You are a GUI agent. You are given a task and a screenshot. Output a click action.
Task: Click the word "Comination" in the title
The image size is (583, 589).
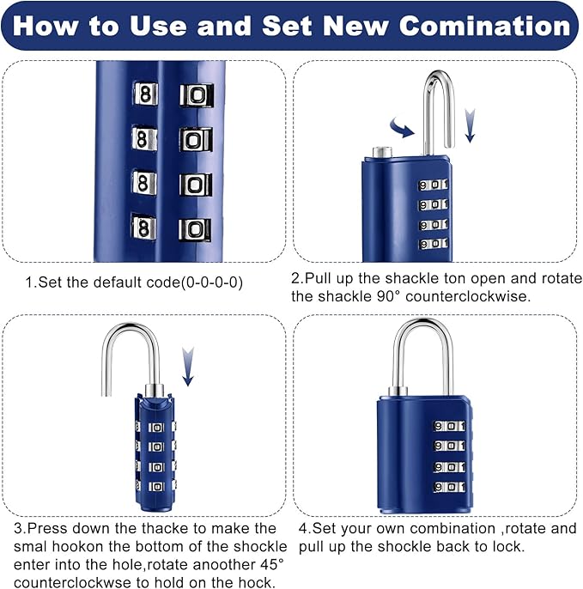pos(485,26)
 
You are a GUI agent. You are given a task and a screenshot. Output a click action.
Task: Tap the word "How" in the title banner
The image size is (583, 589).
pos(46,26)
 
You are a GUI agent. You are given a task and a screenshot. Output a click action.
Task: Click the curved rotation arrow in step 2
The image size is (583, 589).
pos(402,128)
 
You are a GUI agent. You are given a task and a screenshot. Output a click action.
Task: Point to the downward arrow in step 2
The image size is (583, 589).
pos(470,126)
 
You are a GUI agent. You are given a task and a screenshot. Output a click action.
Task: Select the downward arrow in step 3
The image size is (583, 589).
pos(188,367)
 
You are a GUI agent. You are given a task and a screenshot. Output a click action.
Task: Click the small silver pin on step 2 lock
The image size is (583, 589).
pos(382,152)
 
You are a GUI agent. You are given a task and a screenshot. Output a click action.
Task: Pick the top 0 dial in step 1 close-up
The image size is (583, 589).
pos(197,95)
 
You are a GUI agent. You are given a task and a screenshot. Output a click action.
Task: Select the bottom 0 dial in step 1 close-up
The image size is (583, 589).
pos(195,229)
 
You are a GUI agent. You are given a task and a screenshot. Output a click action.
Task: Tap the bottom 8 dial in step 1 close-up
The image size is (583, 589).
pos(144,227)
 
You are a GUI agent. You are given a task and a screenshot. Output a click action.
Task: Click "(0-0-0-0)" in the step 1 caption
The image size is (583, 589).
pos(212,282)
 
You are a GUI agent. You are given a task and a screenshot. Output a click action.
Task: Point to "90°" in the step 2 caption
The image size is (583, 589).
pos(388,296)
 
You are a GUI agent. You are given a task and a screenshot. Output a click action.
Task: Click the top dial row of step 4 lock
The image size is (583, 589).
pos(450,427)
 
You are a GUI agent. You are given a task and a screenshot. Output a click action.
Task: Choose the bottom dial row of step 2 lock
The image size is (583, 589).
pos(434,244)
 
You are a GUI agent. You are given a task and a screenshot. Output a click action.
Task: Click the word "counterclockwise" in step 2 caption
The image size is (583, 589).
pos(469,296)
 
